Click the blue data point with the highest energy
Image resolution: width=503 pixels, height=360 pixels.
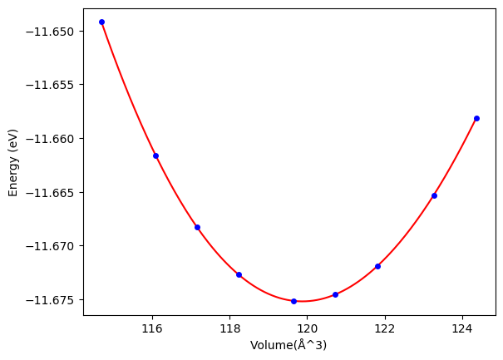(x=101, y=22)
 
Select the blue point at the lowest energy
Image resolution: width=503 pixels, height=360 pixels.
(x=293, y=301)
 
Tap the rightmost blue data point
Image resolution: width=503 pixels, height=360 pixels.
(x=476, y=118)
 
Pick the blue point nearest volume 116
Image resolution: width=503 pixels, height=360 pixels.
(x=155, y=155)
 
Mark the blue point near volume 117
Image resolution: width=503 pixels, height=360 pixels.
(x=197, y=227)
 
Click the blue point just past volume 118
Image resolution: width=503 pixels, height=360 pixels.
(x=239, y=274)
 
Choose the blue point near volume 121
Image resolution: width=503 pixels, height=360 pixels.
(x=335, y=294)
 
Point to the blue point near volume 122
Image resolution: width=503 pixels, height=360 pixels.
(x=377, y=266)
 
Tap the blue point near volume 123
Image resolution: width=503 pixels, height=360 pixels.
(x=434, y=195)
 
